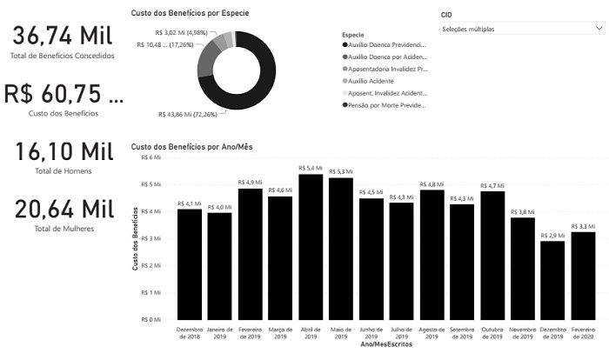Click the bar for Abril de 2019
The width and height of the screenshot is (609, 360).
point(311,247)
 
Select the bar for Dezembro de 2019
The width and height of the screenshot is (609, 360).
point(552,280)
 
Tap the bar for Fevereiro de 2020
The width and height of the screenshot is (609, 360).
point(583,276)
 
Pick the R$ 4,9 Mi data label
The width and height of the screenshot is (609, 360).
point(250,183)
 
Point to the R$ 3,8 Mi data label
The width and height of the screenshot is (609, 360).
point(523,211)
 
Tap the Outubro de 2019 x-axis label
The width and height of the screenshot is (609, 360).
point(492,333)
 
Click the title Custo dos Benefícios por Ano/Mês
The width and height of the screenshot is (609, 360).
point(191,146)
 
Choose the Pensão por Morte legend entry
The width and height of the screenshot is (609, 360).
point(388,104)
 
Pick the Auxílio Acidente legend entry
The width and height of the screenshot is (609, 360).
point(374,80)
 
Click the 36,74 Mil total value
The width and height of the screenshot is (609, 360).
point(62,37)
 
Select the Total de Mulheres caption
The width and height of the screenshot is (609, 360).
point(64,229)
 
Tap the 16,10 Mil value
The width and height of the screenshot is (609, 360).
point(64,151)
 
